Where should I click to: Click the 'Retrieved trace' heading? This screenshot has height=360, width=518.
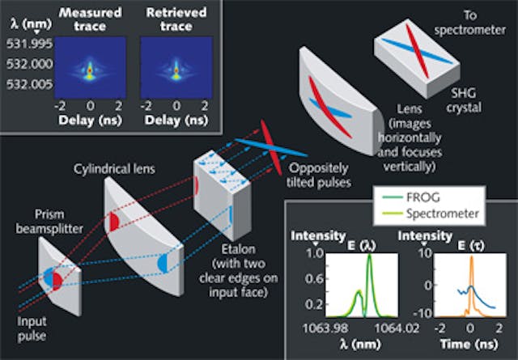point(171,20)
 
